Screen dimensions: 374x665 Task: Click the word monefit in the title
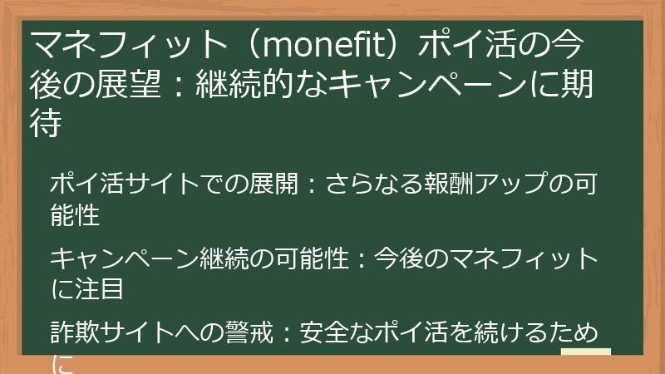coord(319,43)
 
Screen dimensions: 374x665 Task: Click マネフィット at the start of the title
coord(116,43)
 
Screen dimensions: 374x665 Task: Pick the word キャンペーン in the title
coord(422,86)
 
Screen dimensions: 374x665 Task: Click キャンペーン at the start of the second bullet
coord(124,258)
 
